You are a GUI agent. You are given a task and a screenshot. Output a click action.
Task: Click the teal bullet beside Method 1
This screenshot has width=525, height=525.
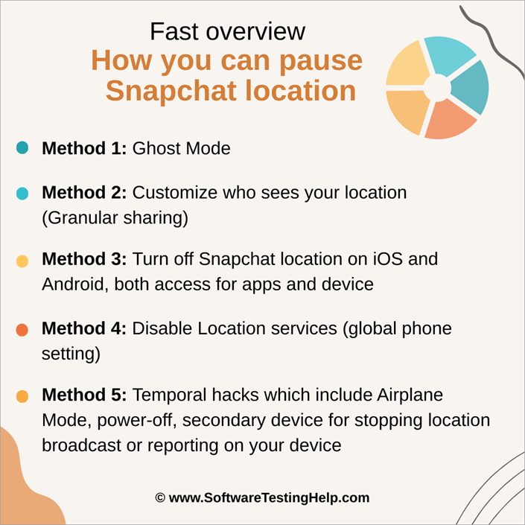coord(22,148)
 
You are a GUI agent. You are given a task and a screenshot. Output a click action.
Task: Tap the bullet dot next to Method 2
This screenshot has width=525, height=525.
coord(22,194)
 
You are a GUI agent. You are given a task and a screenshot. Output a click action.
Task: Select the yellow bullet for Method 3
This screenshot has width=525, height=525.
coord(22,261)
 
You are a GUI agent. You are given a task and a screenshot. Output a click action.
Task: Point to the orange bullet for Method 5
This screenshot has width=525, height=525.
coord(22,397)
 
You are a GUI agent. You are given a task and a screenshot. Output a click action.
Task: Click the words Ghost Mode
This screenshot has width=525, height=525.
coord(181,148)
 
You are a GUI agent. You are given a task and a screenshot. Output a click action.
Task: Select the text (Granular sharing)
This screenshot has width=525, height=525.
coord(115,217)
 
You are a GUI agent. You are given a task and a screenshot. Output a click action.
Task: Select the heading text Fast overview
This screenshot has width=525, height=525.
coord(227,31)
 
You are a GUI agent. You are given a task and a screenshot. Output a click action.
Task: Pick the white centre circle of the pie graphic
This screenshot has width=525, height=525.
coord(437,88)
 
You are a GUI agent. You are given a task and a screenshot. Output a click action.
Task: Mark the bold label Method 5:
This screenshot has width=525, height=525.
coord(84,395)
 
